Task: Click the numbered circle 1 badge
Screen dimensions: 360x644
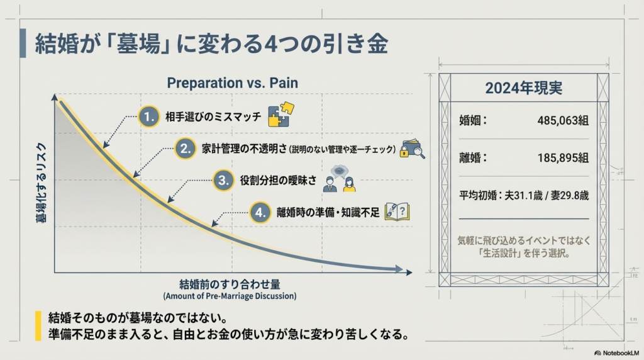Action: point(148,116)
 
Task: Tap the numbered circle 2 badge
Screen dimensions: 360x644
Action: point(185,149)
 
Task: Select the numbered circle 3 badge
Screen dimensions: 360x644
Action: point(223,181)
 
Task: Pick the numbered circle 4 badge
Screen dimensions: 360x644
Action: point(260,212)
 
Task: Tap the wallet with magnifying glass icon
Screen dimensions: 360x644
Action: point(413,149)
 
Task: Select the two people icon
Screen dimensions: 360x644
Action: point(340,181)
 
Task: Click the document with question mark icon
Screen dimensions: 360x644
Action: point(397,211)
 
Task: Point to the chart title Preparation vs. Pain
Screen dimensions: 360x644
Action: point(232,83)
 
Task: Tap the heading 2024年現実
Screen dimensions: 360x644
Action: point(523,88)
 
